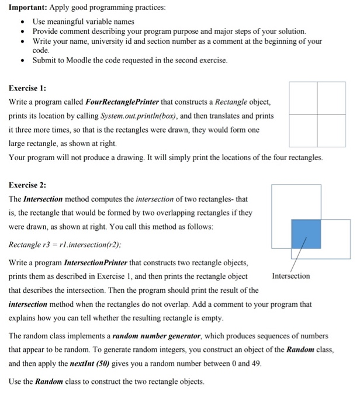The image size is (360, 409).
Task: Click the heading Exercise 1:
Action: tap(27, 89)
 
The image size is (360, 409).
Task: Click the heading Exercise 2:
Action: tap(27, 185)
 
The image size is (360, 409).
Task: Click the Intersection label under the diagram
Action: tap(291, 276)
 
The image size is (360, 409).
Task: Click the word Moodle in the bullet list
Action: tap(78, 60)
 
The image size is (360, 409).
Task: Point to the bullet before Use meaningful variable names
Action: tap(22, 21)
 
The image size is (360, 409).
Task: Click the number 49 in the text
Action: tap(256, 363)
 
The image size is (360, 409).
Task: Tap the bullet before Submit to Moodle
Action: tap(22, 60)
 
